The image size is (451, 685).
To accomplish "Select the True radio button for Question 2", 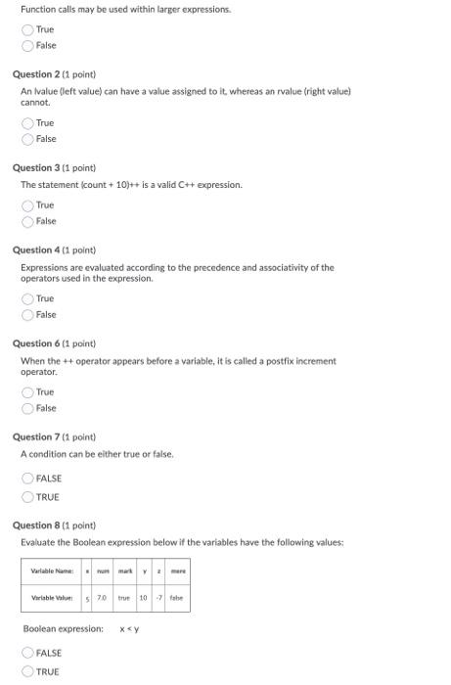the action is coord(28,123).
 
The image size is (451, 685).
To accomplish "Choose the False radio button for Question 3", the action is coord(28,221).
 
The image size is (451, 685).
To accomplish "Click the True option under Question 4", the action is coord(28,298).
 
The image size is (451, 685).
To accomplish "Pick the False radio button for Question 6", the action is coord(28,408).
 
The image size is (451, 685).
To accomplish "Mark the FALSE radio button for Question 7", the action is coord(28,479).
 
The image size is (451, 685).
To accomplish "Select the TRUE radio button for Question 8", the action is coord(28,671).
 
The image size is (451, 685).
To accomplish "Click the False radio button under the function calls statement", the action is coord(28,45).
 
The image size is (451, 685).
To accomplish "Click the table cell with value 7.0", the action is coord(101,597).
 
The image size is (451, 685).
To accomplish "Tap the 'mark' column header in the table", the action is coord(125,571).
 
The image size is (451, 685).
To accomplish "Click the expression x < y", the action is coord(129,628).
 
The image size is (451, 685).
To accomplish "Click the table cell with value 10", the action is coord(143,597).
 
